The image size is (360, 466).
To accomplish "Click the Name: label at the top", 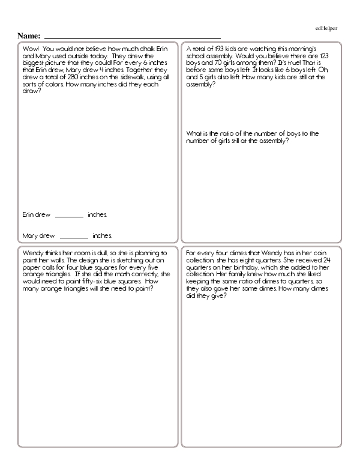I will tap(29, 36).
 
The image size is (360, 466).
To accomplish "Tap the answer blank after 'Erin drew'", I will tap(69, 215).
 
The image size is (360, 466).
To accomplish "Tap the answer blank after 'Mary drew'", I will tap(74, 236).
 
